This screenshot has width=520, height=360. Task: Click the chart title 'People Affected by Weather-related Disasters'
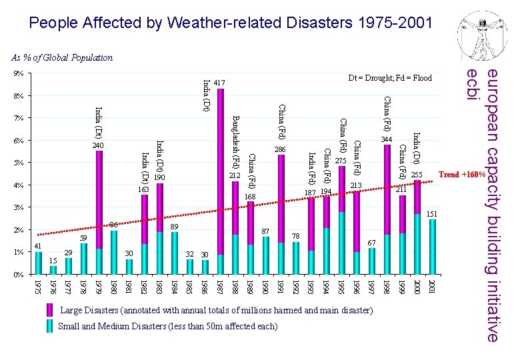click(231, 23)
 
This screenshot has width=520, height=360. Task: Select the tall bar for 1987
click(221, 180)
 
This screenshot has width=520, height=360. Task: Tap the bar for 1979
click(99, 213)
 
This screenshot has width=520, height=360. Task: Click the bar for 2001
click(433, 247)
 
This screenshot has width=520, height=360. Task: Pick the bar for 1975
click(38, 263)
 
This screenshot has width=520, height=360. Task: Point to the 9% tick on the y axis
click(19, 73)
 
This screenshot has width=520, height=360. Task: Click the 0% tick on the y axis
click(19, 275)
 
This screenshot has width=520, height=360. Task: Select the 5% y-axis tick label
click(19, 163)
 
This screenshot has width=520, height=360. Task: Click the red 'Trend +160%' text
click(461, 175)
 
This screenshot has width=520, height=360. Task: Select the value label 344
click(387, 139)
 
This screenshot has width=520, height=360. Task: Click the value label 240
click(99, 145)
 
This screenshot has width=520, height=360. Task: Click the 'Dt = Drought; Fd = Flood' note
click(390, 78)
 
